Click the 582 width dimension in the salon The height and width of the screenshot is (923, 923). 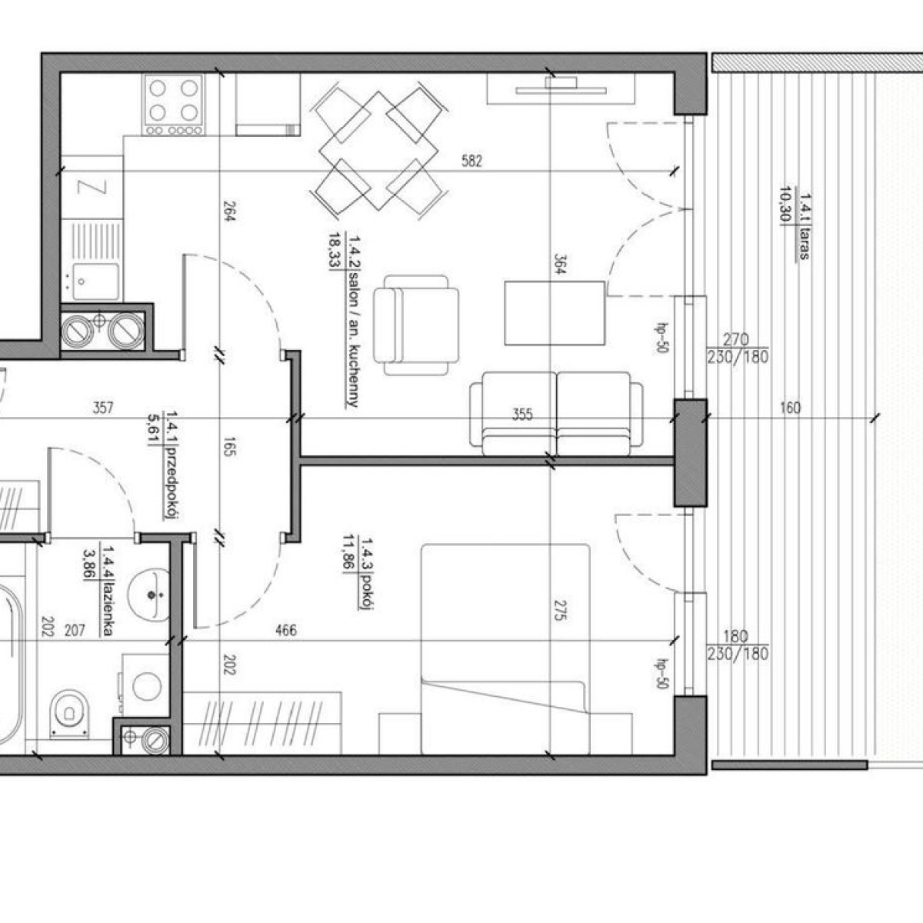[471, 161]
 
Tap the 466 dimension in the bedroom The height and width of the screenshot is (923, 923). [286, 631]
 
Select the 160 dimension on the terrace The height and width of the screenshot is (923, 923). [790, 408]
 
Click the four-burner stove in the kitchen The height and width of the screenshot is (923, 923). [173, 105]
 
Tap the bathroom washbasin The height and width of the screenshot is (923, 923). [149, 595]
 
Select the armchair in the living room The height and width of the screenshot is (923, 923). [416, 325]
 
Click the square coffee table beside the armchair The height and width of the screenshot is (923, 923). [555, 313]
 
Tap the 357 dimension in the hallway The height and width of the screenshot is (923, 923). [103, 408]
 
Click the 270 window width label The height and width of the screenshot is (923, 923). [736, 340]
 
